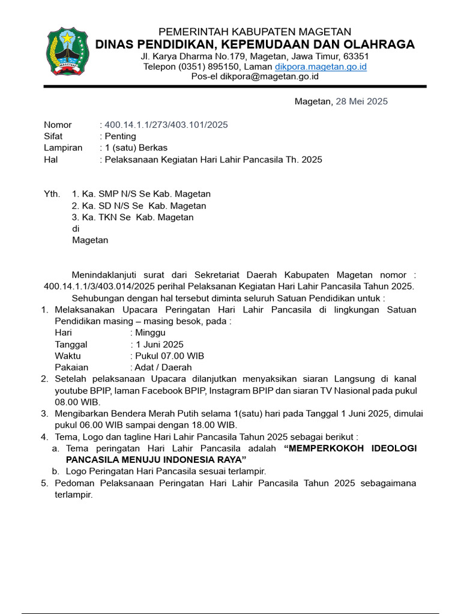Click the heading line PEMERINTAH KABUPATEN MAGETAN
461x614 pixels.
click(255, 32)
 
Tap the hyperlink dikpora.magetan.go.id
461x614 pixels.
click(321, 67)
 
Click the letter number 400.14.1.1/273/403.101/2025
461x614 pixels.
click(166, 125)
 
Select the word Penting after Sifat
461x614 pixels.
click(121, 136)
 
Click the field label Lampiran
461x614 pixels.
click(63, 148)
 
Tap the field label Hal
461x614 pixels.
click(50, 159)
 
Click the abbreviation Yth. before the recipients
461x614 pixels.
click(52, 194)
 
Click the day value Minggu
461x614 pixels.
click(150, 333)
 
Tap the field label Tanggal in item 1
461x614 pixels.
click(71, 345)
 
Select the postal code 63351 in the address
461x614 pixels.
click(355, 56)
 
